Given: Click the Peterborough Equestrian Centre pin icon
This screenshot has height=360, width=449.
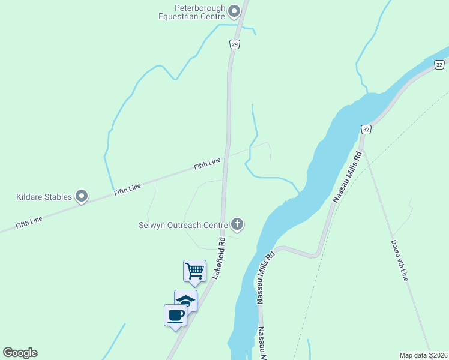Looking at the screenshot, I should [234, 11].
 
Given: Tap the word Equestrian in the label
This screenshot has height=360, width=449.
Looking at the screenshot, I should [182, 17].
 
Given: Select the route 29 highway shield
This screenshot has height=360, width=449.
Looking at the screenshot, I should [234, 44].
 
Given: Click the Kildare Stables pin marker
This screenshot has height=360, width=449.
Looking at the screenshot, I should [82, 196].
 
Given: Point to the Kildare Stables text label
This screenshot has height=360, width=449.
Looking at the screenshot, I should [44, 197].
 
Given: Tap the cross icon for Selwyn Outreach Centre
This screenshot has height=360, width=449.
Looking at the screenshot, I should [237, 225].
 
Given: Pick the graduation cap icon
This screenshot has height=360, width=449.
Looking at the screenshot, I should [185, 300].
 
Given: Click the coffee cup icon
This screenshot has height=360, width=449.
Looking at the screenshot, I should [176, 314].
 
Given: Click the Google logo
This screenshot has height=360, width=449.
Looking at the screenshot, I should [20, 353].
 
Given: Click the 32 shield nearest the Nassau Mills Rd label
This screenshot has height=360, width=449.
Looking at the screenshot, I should [366, 129].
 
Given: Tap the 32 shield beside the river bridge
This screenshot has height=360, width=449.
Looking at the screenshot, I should [439, 64].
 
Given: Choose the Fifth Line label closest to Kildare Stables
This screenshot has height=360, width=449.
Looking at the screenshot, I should [127, 188].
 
